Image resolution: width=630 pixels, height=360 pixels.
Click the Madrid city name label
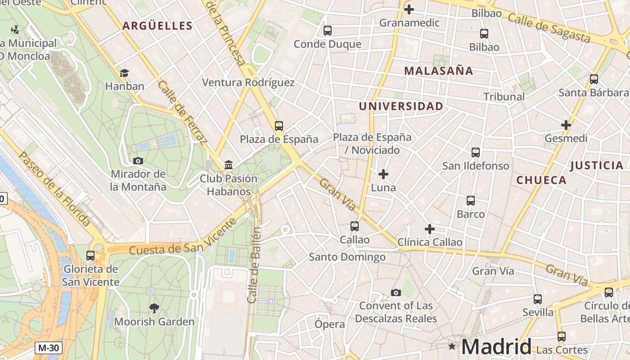496,346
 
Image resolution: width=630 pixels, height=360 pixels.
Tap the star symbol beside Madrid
452,346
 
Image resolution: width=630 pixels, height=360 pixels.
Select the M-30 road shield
48,348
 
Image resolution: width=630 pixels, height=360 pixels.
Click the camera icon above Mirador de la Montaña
138,161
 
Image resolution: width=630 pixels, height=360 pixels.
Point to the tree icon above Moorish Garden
154,308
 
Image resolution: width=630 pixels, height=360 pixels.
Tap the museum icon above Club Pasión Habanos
229,165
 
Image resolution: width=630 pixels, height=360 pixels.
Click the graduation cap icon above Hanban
124,73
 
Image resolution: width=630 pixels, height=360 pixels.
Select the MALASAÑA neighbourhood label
438,71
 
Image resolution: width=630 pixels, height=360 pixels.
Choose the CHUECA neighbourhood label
541,180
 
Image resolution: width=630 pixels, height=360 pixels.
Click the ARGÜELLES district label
157,26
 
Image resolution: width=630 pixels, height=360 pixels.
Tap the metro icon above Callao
355,226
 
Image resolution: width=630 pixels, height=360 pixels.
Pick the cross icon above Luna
383,174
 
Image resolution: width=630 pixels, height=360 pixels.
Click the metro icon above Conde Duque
328,31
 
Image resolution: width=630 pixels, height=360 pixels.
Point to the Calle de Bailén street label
254,265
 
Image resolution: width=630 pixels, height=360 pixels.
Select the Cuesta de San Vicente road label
183,237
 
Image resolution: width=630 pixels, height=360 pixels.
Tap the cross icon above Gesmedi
566,125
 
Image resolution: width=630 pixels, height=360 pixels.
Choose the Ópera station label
330,324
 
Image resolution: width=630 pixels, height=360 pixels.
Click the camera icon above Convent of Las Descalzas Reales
396,293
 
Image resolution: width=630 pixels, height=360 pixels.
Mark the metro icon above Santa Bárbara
594,79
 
